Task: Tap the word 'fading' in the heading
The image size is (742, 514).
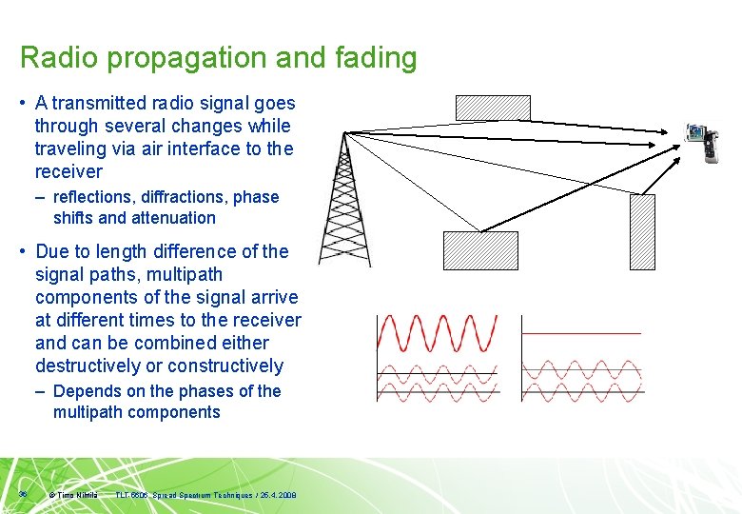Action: pos(375,58)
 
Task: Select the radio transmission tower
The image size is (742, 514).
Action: pos(344,200)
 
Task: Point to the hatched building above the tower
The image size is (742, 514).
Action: pos(492,108)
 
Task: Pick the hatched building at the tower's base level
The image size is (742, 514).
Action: pos(480,251)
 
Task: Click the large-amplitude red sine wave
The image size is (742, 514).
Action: pos(438,333)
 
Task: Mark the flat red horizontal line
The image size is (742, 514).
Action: pos(581,333)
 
